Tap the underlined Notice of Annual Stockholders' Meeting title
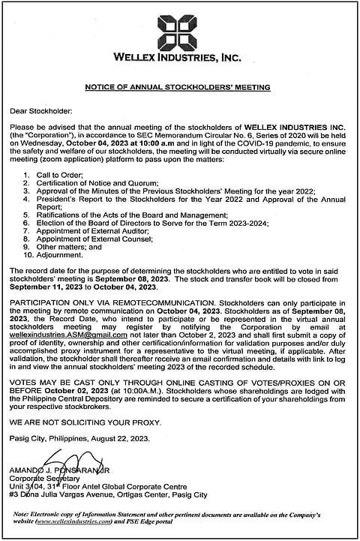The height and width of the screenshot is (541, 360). click(177, 88)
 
